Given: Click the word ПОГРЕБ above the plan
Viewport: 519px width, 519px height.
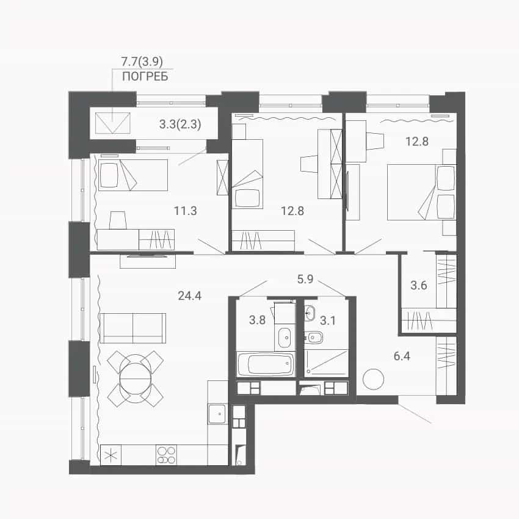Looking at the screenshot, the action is pyautogui.click(x=145, y=76).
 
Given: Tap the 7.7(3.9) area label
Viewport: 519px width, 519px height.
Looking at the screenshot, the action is pyautogui.click(x=142, y=61).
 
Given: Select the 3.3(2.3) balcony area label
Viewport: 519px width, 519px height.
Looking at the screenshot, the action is pyautogui.click(x=180, y=125).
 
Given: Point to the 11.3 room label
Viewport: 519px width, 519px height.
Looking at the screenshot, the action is pyautogui.click(x=186, y=211).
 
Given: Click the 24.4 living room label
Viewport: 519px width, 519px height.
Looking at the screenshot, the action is pyautogui.click(x=190, y=296).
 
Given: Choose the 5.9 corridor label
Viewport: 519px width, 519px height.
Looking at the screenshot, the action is pyautogui.click(x=305, y=279).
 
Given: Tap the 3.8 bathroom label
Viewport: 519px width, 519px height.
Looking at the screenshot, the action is pyautogui.click(x=257, y=320).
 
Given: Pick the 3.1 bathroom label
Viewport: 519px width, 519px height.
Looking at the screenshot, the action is pyautogui.click(x=328, y=321).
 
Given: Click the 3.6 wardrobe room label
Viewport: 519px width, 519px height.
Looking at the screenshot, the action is pyautogui.click(x=419, y=285).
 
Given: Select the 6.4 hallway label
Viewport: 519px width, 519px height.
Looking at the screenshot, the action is pyautogui.click(x=402, y=356).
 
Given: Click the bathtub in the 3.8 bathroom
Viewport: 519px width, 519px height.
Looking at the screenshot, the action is pyautogui.click(x=266, y=364).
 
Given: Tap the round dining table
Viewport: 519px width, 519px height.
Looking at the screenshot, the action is pyautogui.click(x=136, y=378).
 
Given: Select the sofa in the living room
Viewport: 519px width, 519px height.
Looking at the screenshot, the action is pyautogui.click(x=132, y=328).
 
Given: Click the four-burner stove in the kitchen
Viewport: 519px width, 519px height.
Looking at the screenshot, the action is pyautogui.click(x=166, y=455).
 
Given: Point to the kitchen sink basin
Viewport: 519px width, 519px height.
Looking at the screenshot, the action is pyautogui.click(x=218, y=414).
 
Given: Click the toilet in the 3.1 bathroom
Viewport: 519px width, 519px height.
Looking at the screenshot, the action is pyautogui.click(x=313, y=337).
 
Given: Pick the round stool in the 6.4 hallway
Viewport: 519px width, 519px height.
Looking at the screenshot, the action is pyautogui.click(x=373, y=379).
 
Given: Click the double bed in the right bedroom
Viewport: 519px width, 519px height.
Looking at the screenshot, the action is pyautogui.click(x=422, y=192).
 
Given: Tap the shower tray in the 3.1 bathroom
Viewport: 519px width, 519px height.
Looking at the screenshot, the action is pyautogui.click(x=327, y=363).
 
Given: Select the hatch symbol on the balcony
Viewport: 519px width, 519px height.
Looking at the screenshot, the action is pyautogui.click(x=113, y=123).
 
